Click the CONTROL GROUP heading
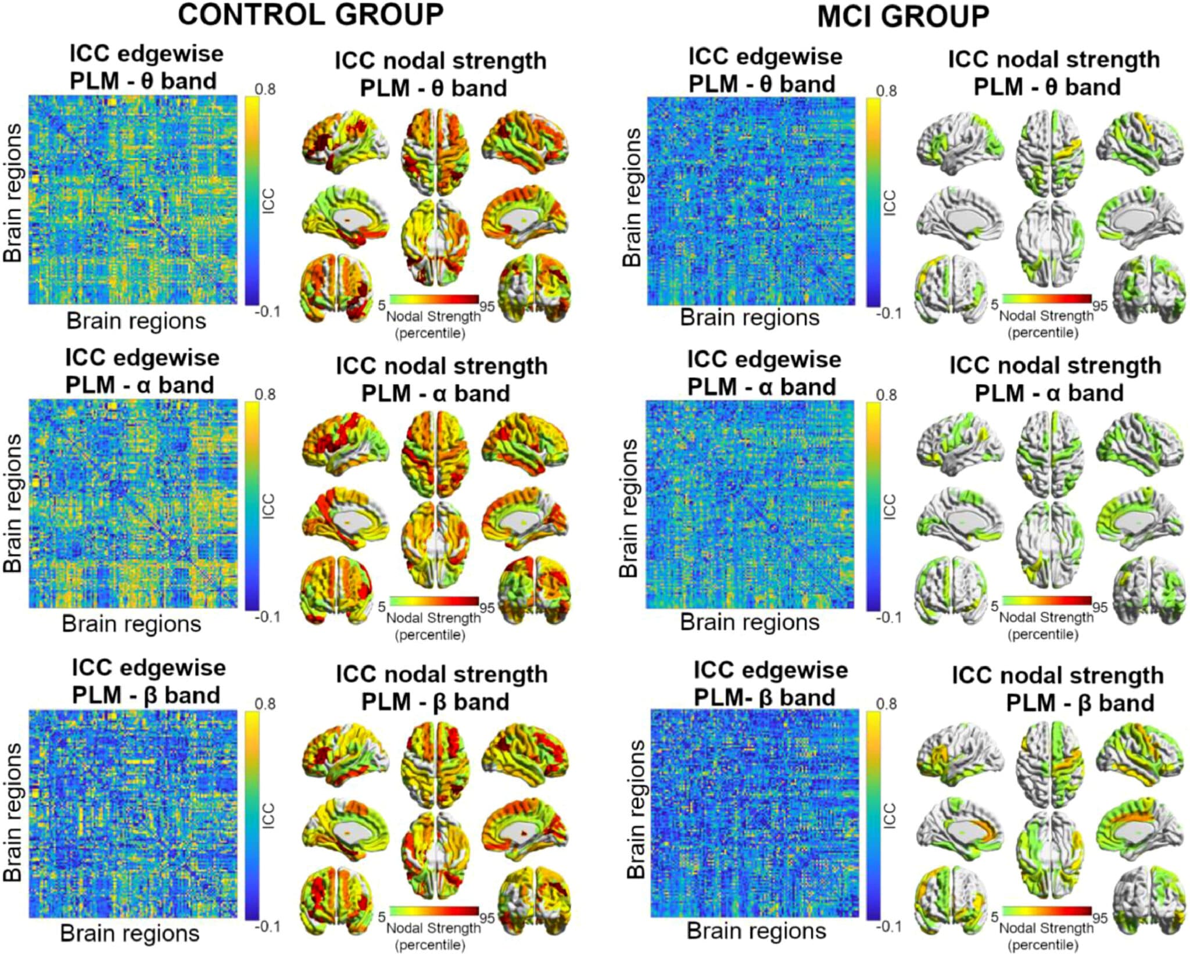click(311, 15)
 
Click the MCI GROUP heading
click(904, 16)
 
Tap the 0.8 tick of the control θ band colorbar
click(265, 89)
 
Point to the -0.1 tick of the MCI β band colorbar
click(888, 926)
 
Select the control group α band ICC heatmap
click(134, 504)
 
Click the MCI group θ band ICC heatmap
click(751, 201)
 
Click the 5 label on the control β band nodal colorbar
click(382, 917)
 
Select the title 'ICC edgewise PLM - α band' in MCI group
click(764, 373)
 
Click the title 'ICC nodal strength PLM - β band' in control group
click(442, 688)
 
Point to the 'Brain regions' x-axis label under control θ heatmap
click(136, 321)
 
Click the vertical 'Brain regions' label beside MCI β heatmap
click(636, 809)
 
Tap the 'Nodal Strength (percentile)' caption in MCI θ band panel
click(1046, 324)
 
